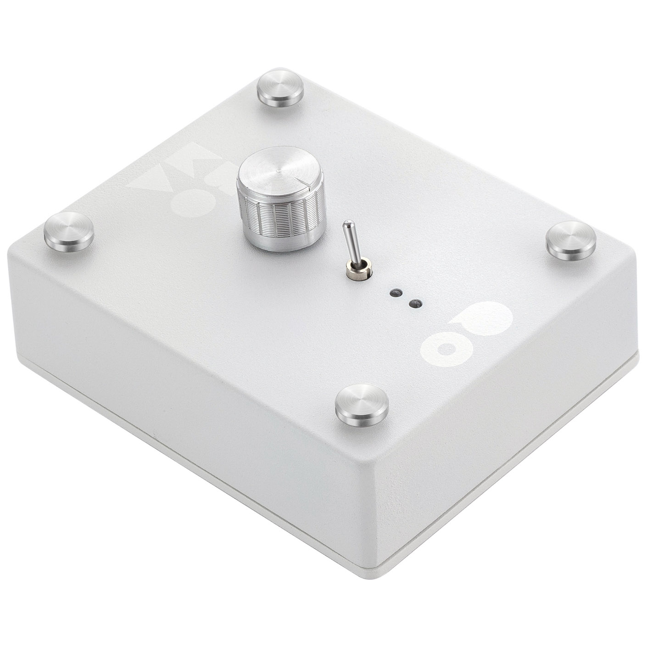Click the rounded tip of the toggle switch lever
pyautogui.click(x=349, y=225)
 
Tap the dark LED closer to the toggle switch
pyautogui.click(x=394, y=293)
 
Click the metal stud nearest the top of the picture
pyautogui.click(x=280, y=89)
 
